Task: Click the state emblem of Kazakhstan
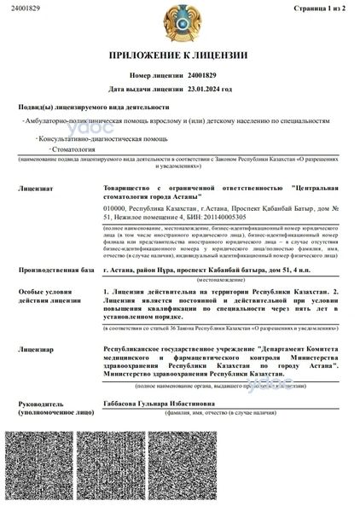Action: click(x=178, y=20)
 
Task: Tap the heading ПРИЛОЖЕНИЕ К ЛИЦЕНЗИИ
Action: click(x=179, y=56)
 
